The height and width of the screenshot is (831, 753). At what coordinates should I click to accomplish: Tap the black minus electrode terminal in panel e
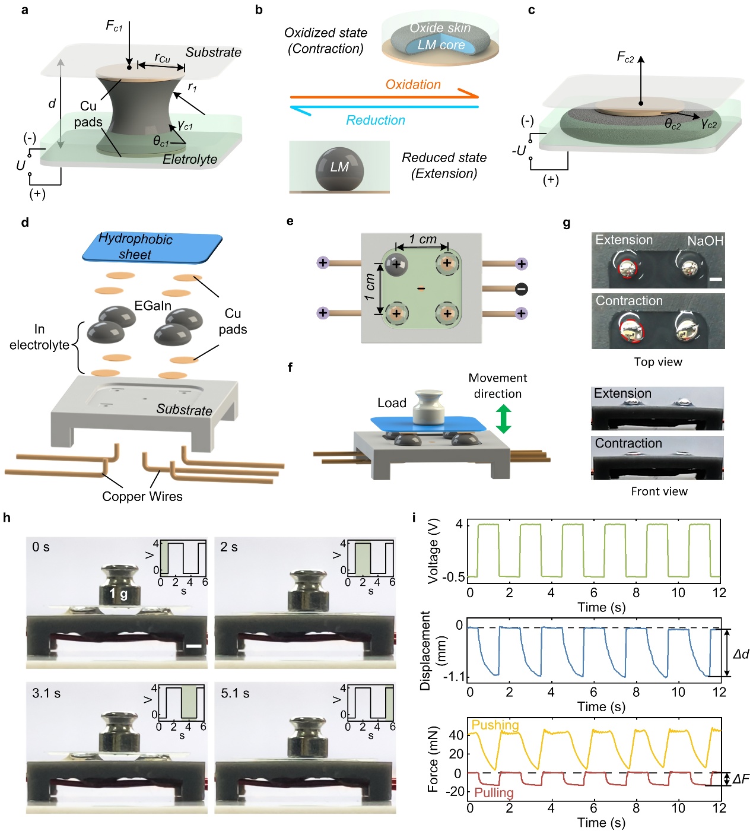coord(521,289)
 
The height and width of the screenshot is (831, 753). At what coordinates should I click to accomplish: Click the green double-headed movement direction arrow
coord(503,418)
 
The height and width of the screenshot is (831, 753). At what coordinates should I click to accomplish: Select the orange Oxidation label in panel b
coord(413,84)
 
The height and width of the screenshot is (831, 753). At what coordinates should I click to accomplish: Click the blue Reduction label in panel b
coord(376,120)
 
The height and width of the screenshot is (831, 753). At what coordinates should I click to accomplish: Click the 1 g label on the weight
coord(118,594)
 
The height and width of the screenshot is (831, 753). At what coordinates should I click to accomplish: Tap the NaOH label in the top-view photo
coord(705,241)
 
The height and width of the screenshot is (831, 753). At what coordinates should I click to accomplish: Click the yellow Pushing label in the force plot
coord(495,725)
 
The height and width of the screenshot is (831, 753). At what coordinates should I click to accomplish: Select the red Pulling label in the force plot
coord(494,793)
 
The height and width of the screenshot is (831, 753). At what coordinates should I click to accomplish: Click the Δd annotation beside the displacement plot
coord(741,654)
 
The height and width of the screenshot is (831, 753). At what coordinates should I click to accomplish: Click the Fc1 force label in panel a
coord(114,26)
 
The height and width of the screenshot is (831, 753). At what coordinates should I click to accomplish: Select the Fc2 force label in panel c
coord(625,57)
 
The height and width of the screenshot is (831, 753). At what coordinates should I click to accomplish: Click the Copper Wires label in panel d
coord(142,496)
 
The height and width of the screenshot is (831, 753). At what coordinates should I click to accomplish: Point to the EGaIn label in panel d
coord(152,306)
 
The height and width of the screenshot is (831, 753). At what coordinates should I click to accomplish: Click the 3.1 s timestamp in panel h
coord(46,693)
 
